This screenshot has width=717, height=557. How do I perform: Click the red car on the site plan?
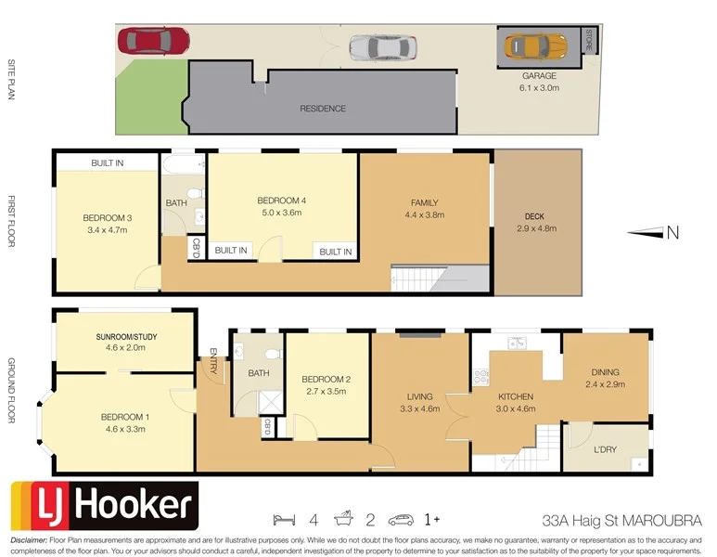click(x=153, y=40)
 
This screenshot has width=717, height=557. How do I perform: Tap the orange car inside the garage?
click(x=534, y=45)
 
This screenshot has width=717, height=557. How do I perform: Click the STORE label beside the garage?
click(x=589, y=42)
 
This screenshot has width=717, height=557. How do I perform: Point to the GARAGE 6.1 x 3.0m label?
click(x=539, y=82)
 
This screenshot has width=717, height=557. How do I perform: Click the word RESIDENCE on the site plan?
click(x=322, y=109)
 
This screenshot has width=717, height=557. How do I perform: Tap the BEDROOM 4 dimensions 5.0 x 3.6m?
click(x=280, y=213)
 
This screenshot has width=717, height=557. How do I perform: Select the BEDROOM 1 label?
click(x=124, y=417)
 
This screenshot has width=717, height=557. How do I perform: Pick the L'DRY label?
click(x=605, y=449)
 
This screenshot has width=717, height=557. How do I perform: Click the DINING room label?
click(x=606, y=371)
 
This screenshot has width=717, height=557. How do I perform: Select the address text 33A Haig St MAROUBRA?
click(x=621, y=519)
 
